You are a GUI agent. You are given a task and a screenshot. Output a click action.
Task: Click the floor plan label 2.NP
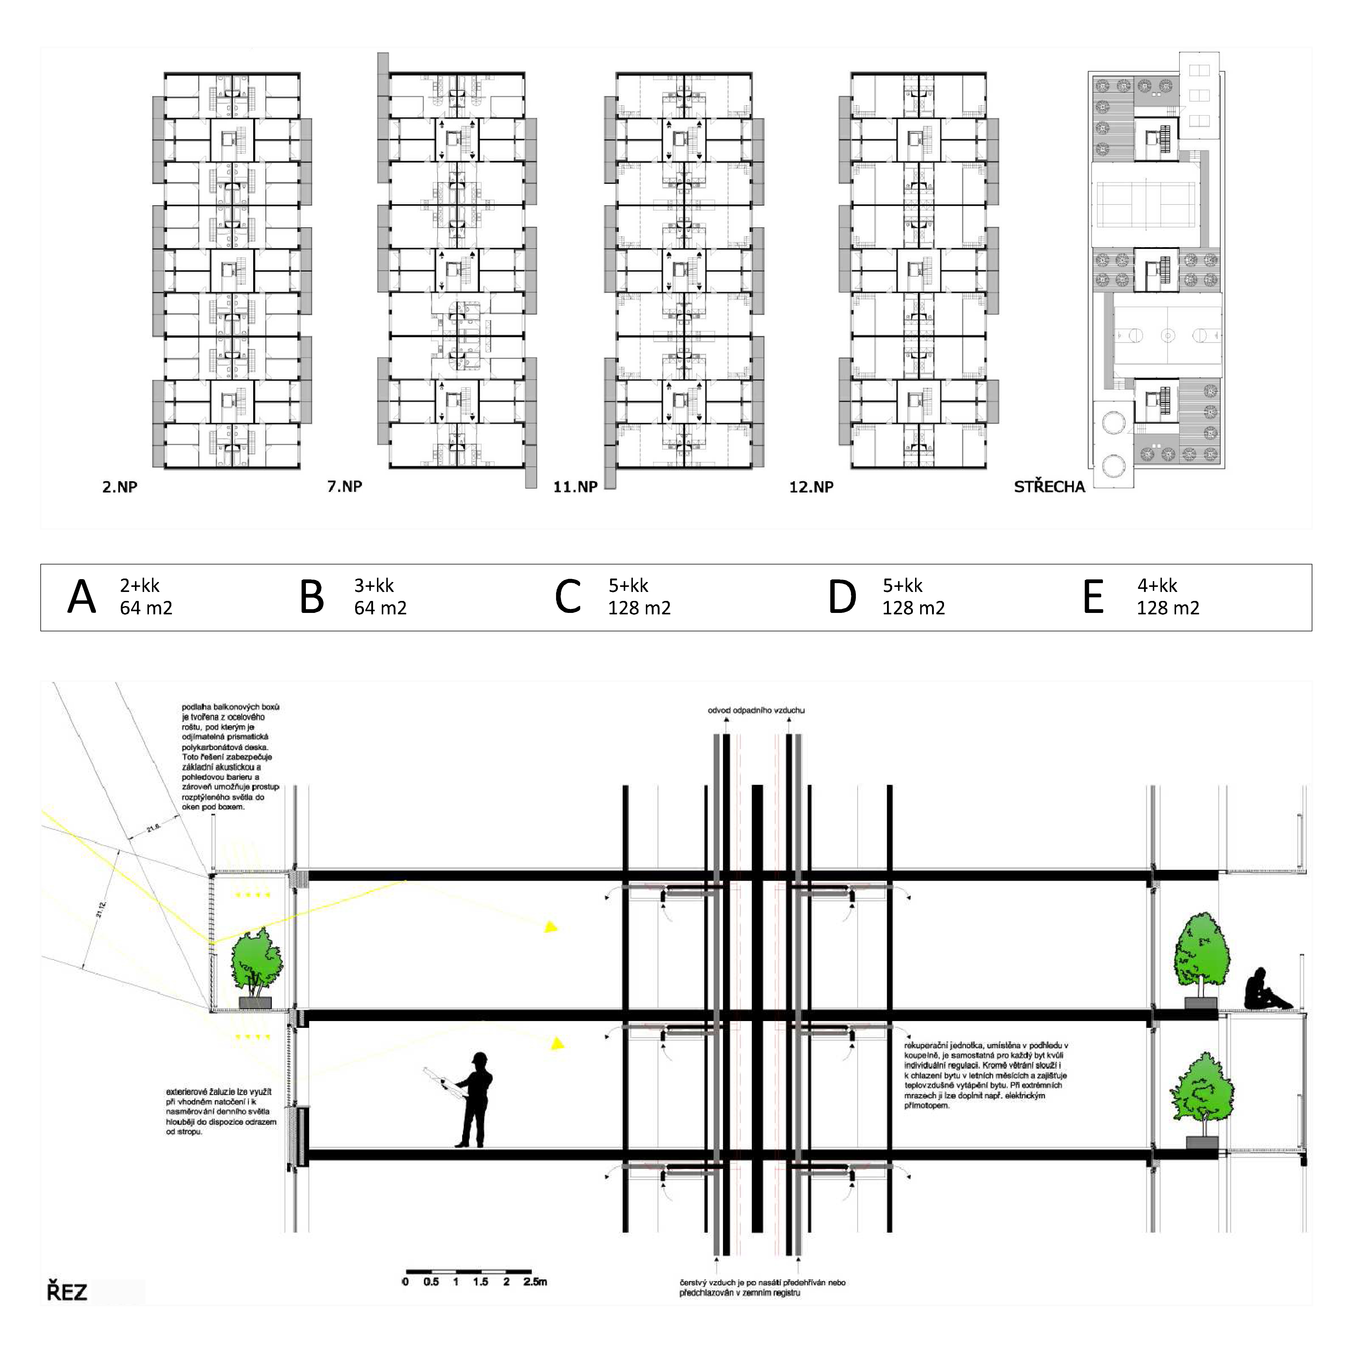coord(120,487)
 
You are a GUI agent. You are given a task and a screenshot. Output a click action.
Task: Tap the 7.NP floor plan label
coord(345,486)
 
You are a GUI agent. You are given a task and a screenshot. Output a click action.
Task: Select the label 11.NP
coord(575,487)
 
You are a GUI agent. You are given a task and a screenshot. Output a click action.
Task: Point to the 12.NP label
coord(811,487)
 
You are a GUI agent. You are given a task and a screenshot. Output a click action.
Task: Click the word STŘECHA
coord(1049,487)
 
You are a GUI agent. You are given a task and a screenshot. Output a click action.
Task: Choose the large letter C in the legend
coord(568,597)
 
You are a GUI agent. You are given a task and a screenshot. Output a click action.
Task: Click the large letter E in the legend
coord(1093,597)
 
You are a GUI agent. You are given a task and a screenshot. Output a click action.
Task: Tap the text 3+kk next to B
coord(374,585)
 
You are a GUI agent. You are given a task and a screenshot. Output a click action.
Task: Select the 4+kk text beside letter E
coord(1157,585)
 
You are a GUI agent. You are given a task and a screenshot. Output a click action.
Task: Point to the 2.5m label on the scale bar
coord(535,1282)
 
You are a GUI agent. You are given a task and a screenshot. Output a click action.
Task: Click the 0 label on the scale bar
coord(406,1282)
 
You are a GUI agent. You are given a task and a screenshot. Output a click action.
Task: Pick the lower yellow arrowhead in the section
coord(557,1043)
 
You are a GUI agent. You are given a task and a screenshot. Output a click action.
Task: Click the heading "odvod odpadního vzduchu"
coord(756,710)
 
